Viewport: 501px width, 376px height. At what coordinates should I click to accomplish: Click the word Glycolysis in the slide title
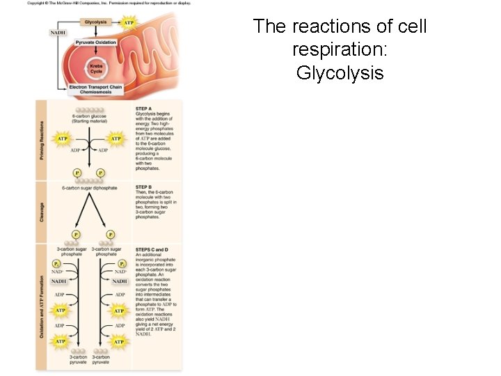340,72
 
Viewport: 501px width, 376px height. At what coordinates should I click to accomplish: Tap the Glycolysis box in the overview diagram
95,22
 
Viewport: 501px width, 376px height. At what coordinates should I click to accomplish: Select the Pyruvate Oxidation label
96,42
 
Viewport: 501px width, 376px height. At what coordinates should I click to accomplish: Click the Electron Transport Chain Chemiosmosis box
96,90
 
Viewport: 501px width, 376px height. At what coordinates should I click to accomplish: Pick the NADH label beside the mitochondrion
58,32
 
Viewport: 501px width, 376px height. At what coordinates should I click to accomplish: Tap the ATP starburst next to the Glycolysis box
128,22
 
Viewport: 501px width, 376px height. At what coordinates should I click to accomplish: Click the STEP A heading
143,108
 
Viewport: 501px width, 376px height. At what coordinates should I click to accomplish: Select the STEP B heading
143,187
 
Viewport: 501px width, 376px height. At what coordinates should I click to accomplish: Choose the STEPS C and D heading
152,249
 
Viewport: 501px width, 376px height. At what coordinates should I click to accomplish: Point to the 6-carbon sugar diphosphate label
89,188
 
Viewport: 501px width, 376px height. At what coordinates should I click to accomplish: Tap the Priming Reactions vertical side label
42,139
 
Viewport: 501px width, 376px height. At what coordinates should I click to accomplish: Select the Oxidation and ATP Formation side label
42,306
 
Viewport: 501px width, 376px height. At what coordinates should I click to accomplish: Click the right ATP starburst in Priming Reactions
116,139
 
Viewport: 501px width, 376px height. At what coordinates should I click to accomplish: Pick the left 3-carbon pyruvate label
78,360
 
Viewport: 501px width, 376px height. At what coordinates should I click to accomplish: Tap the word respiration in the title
340,49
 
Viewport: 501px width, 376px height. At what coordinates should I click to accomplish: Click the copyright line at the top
108,3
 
